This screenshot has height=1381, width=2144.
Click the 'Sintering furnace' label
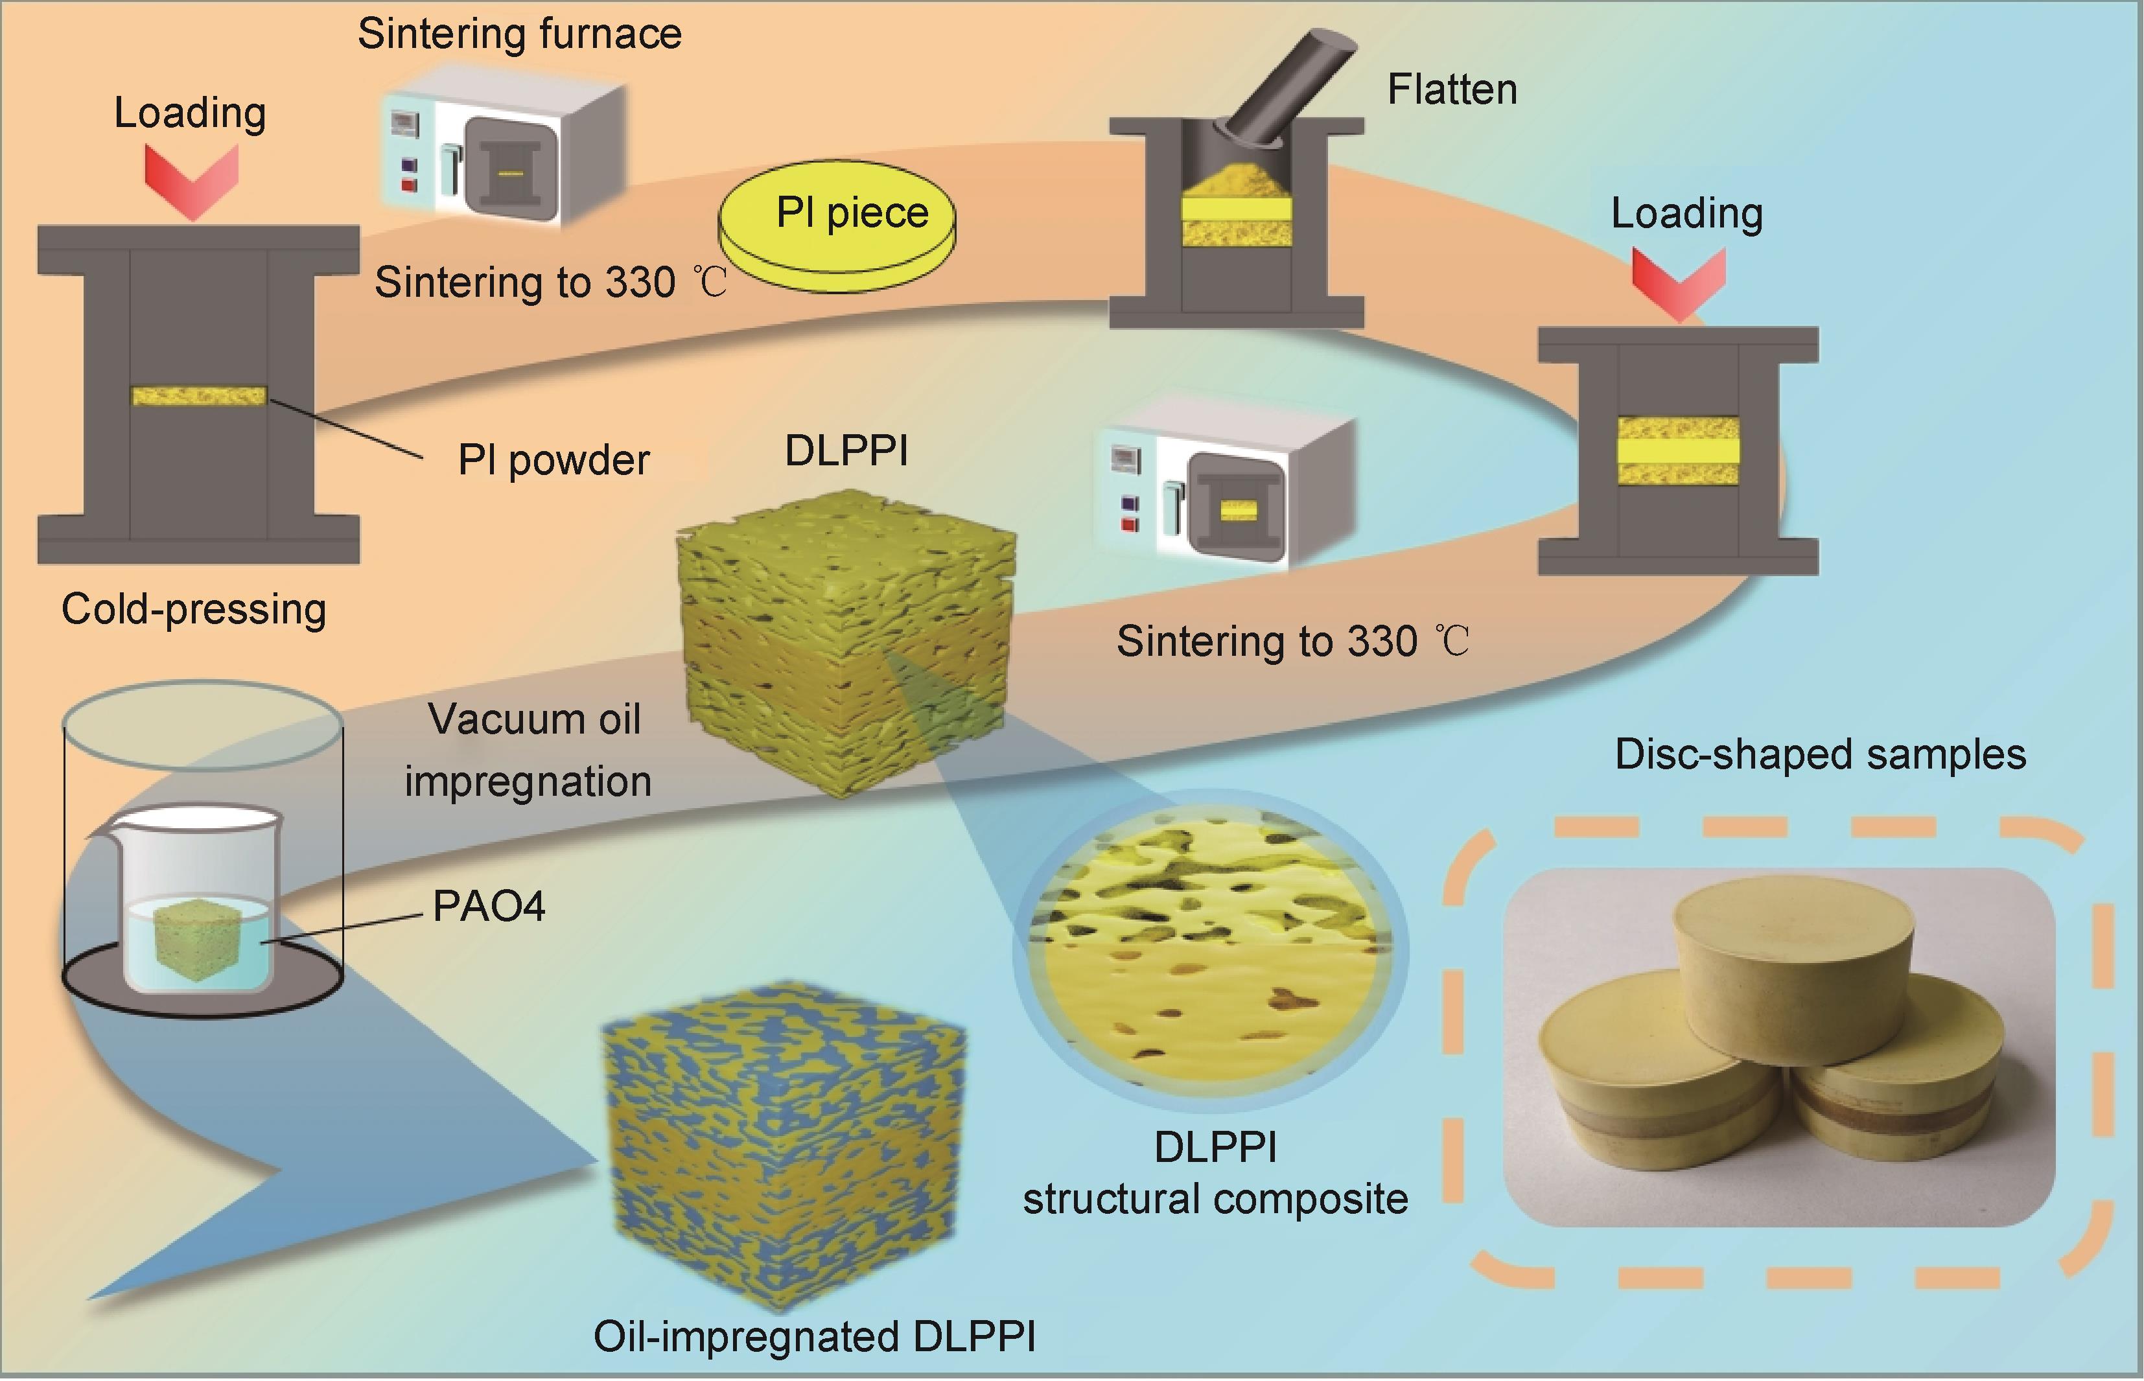519,34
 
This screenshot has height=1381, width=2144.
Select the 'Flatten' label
1452,89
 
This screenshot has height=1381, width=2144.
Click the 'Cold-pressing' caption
194,610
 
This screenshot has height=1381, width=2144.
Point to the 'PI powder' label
553,460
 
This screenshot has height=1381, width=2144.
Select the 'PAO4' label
489,907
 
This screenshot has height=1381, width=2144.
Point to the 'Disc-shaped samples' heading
1821,754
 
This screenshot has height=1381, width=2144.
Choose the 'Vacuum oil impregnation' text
529,750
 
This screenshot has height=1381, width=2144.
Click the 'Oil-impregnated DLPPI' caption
814,1336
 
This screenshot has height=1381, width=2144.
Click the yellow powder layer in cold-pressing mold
199,395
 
